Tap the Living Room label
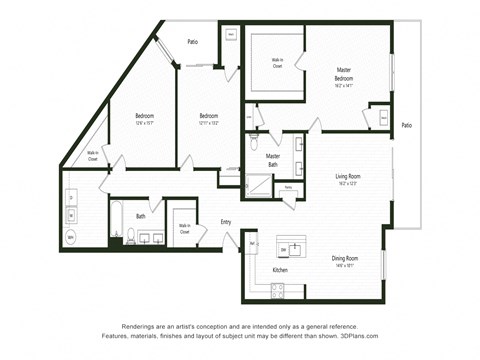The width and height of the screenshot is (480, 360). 348,177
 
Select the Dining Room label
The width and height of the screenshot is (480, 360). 345,259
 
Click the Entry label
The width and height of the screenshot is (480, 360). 226,221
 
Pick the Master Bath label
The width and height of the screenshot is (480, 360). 272,159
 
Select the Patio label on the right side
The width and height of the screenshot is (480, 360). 406,125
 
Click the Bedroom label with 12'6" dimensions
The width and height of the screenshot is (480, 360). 144,115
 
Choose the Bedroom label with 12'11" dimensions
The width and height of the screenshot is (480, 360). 208,115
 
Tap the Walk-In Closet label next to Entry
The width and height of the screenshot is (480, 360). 185,228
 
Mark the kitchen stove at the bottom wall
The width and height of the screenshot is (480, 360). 277,289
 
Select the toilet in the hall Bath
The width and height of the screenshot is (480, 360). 130,236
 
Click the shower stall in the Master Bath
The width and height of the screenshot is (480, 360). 259,185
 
